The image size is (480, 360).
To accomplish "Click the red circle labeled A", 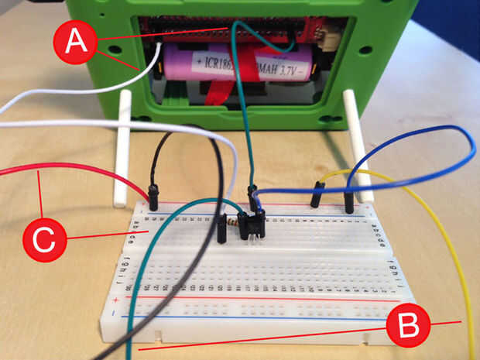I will click(x=75, y=40).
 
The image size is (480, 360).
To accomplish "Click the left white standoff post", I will click(x=122, y=147).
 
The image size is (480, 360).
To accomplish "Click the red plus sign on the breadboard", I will click(x=116, y=298).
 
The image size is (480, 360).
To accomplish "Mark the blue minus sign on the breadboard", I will click(x=113, y=314).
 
